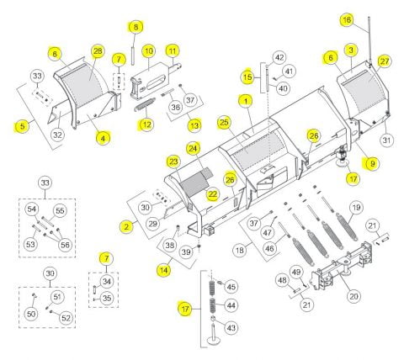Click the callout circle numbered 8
click(x=136, y=27)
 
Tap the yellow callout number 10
click(x=149, y=51)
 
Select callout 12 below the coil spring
click(x=146, y=124)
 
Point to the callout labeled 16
click(x=347, y=20)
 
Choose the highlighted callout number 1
click(x=246, y=101)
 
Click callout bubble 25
click(x=224, y=122)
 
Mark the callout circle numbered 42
click(x=279, y=57)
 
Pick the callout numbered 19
click(x=356, y=208)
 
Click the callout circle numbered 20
click(x=354, y=296)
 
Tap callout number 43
click(x=231, y=327)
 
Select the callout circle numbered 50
click(x=31, y=314)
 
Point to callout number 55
click(x=60, y=211)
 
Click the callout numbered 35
click(x=107, y=298)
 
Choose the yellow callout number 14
click(x=164, y=270)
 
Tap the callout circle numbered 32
click(x=57, y=135)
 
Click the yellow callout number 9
click(x=373, y=163)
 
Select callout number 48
click(x=282, y=280)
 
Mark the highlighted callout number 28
click(x=98, y=51)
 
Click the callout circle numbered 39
click(x=186, y=251)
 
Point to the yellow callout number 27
click(x=385, y=61)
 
